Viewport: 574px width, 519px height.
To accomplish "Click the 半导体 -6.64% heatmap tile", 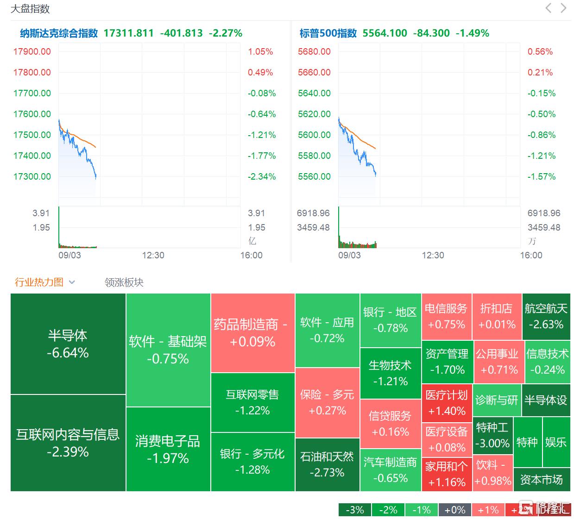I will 68,344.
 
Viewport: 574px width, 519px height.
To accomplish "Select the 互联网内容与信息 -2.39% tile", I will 68,443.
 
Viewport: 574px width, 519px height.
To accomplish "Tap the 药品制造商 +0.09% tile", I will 252,333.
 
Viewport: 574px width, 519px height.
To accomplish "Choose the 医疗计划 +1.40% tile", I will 447,403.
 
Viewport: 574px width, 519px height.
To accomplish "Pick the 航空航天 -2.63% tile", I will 546,316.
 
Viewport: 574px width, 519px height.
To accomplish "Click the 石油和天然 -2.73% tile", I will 327,464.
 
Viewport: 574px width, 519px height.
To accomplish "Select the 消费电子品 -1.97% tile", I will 168,449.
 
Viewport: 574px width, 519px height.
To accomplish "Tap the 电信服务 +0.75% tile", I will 446,316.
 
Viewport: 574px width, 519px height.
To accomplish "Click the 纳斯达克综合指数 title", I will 59,33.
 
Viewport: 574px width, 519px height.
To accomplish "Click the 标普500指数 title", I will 328,33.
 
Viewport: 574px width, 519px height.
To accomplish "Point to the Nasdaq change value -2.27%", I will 226,33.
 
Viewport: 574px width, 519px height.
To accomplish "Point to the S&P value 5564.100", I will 385,33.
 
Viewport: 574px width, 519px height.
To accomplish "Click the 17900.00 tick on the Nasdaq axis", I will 32,51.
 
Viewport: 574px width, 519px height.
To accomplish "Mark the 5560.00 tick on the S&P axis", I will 314,176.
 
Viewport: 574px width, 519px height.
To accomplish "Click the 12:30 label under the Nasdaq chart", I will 153,255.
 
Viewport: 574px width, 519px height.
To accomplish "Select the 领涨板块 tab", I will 124,282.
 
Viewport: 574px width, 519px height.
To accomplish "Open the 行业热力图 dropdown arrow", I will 72,282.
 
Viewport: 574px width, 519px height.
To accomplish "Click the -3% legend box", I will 354,510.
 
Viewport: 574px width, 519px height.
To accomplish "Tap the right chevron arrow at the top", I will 563,8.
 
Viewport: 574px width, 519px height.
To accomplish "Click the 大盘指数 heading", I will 30,9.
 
